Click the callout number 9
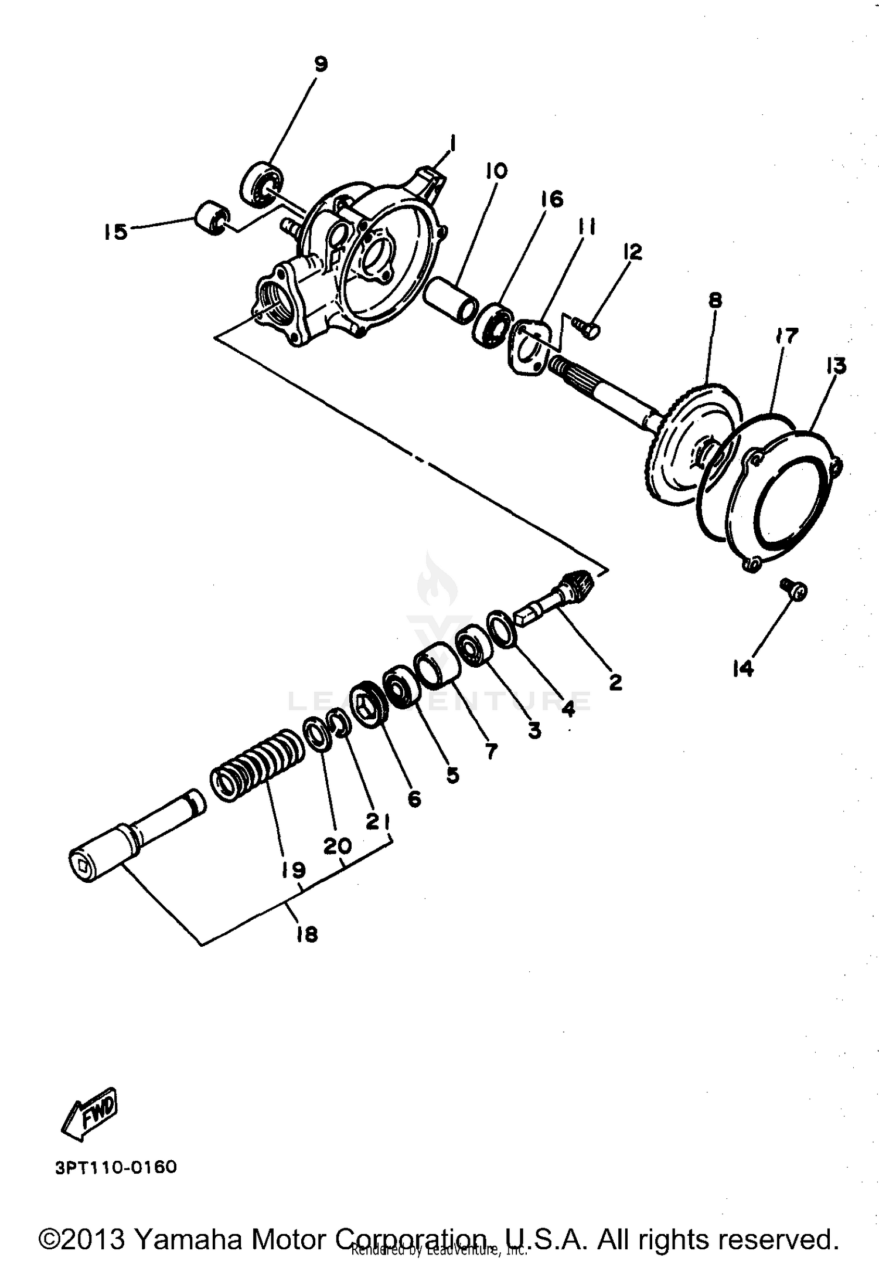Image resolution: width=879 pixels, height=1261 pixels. point(321,64)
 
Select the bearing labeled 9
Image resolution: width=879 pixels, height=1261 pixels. point(261,183)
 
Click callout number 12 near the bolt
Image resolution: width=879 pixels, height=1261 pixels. point(632,252)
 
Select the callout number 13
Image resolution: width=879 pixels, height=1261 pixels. point(836,366)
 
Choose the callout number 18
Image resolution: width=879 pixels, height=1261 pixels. point(307,934)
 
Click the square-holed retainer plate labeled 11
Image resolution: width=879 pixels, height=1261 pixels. point(530,345)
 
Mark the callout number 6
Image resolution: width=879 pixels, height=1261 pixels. point(414,798)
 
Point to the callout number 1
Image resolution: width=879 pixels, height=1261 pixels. point(452,142)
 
